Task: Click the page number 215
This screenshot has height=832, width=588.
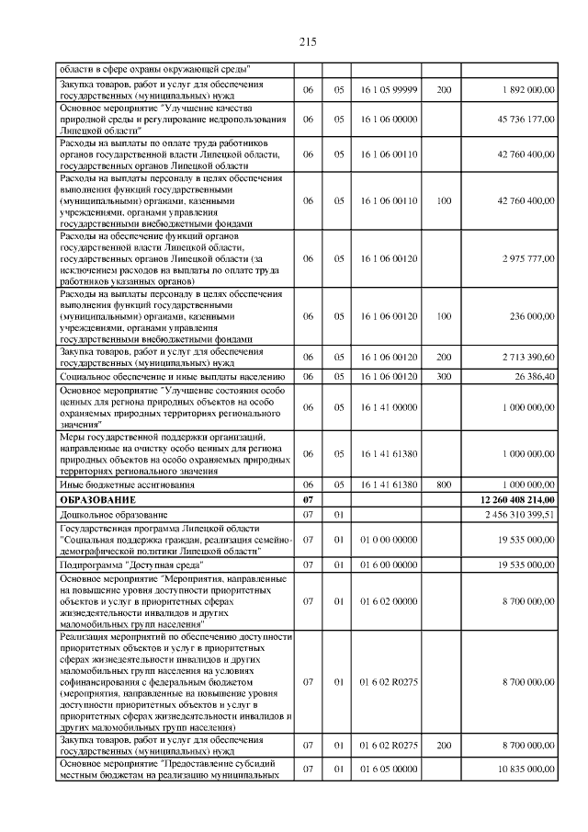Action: click(x=307, y=41)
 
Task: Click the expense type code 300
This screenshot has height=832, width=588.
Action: click(x=445, y=377)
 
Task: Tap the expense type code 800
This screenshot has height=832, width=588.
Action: click(x=445, y=484)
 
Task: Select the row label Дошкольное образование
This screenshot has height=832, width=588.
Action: click(x=109, y=514)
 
